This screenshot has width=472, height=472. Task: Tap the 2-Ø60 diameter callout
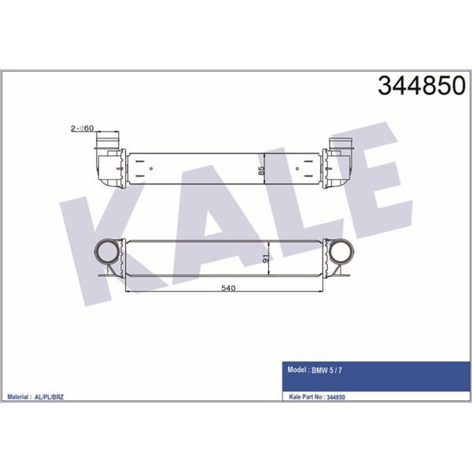click(x=83, y=127)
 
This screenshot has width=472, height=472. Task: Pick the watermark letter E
click(x=370, y=189)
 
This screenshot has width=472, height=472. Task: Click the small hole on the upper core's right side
click(x=297, y=168)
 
